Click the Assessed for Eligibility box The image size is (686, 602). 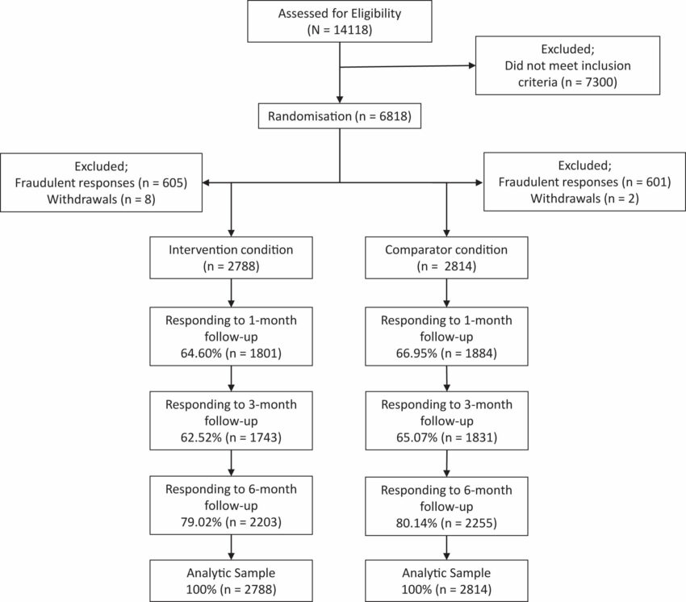coord(340,22)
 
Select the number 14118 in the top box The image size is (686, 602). coord(352,30)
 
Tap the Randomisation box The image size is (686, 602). coord(340,116)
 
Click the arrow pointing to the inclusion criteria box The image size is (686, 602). coord(408,66)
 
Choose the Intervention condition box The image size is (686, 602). coord(231,257)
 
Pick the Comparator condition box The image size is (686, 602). coord(446,257)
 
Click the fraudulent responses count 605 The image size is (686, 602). coord(174,183)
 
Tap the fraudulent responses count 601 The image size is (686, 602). coord(657,182)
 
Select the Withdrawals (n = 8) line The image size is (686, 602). coord(101,199)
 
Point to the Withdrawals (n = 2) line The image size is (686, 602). coord(584,199)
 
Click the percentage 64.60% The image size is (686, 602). coord(201,353)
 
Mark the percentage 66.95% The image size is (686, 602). coord(416,353)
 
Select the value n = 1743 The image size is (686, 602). coord(253,437)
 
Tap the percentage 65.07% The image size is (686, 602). coord(417,437)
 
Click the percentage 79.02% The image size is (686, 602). coord(201,522)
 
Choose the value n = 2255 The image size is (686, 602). coord(470,523)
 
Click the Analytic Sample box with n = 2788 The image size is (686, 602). coord(231,580)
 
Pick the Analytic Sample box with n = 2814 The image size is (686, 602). coord(446,580)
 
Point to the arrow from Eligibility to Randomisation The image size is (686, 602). coord(340,73)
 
